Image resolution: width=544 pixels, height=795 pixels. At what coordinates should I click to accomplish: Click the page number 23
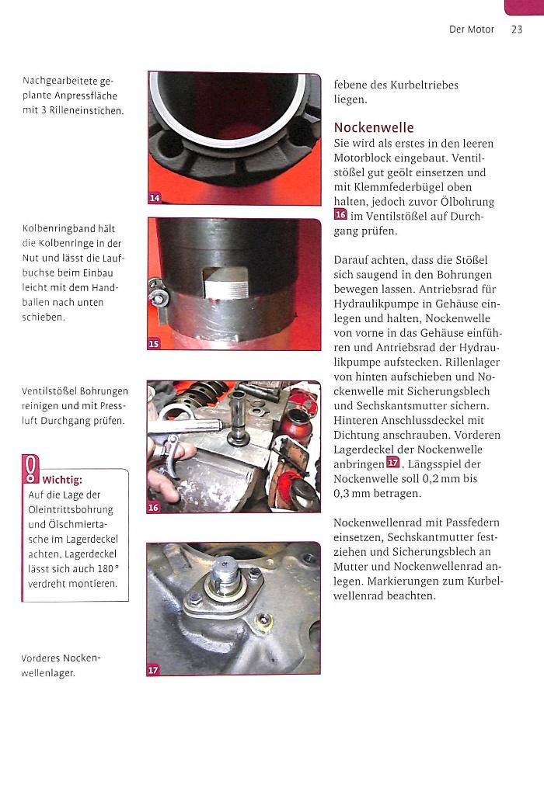(517, 30)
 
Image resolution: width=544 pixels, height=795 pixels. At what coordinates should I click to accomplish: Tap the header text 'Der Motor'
(471, 30)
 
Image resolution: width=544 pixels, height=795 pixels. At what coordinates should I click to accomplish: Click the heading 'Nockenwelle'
(374, 127)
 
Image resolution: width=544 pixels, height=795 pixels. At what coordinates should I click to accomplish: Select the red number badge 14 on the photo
(155, 199)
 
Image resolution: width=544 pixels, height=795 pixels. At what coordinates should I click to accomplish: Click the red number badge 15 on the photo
(154, 343)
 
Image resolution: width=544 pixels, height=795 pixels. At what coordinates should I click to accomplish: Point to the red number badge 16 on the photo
(154, 508)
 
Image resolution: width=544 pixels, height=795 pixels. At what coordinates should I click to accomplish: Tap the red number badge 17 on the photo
(153, 669)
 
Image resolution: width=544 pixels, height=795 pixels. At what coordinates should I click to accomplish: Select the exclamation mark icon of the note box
(30, 469)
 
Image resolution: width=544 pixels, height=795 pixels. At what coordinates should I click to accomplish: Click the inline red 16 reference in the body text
(340, 216)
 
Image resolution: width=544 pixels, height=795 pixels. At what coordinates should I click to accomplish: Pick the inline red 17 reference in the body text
(392, 463)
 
